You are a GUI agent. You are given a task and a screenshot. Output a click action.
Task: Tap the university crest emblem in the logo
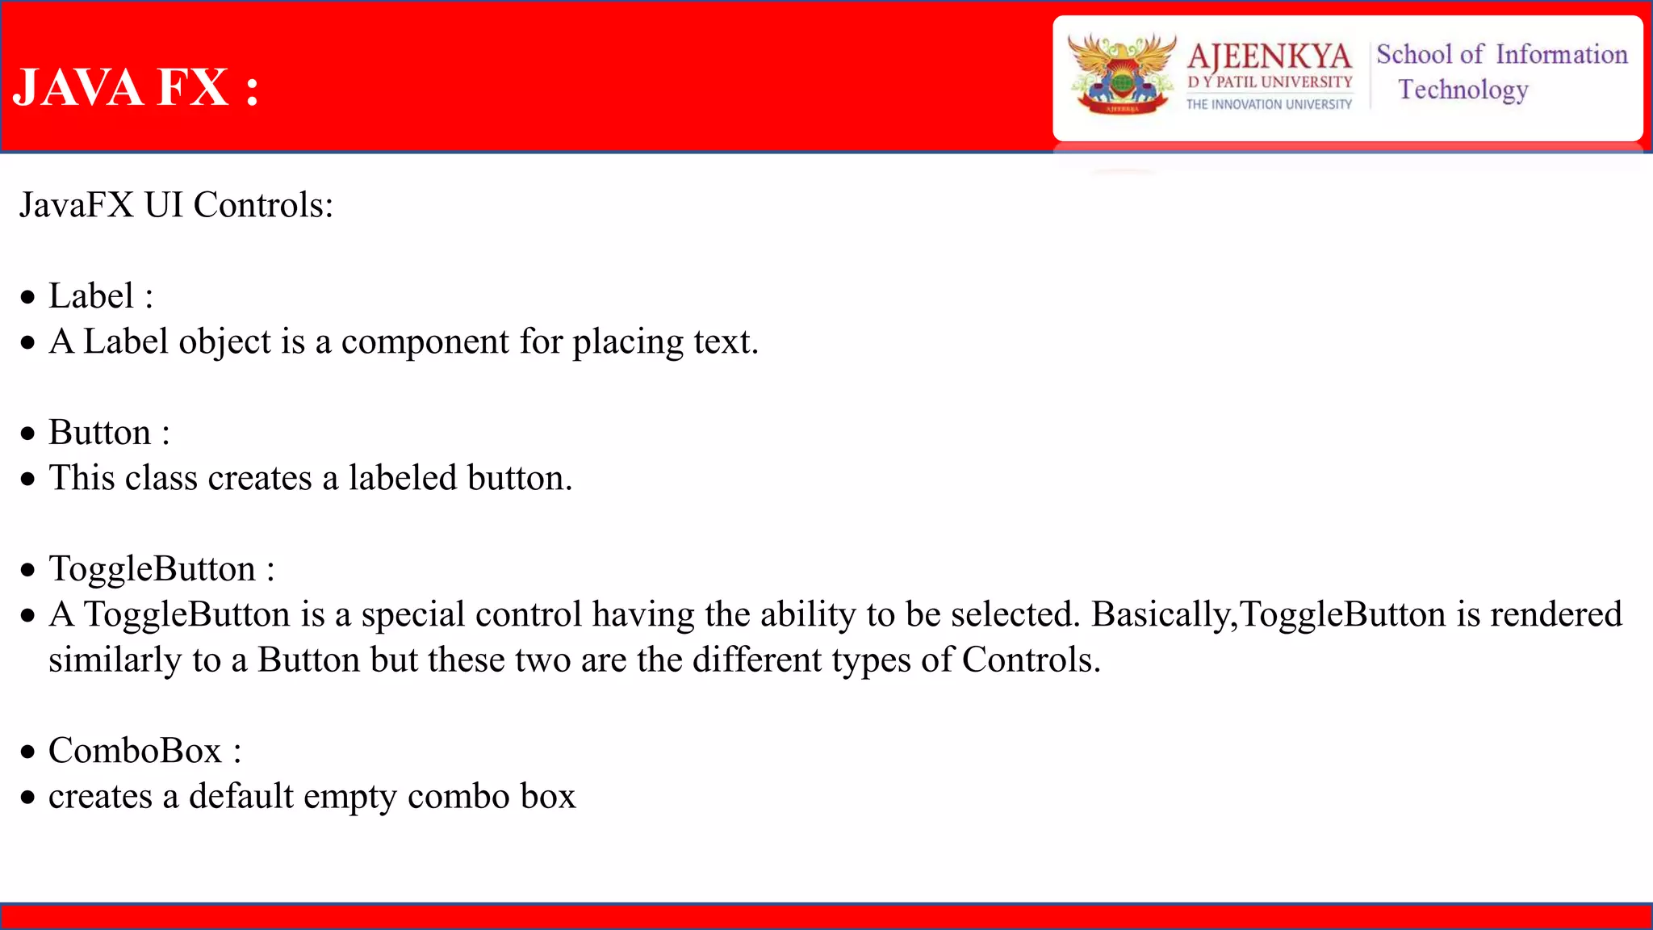coord(1122,74)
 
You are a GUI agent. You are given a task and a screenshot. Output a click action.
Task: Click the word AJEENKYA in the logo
coord(1269,57)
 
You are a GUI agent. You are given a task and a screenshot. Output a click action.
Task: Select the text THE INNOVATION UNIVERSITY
coord(1269,104)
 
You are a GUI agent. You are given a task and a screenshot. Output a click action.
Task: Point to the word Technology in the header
coord(1463,90)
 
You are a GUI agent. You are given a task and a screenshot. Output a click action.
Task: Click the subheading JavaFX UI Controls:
coord(176,205)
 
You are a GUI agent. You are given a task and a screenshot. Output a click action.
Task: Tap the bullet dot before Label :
coord(28,297)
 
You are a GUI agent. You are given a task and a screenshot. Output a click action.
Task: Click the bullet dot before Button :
coord(28,434)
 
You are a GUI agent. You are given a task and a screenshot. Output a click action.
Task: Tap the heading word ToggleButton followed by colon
coord(153,569)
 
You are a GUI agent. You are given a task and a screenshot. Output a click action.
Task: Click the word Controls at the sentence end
coord(1030,660)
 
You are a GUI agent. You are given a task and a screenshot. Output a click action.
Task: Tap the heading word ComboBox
coord(135,751)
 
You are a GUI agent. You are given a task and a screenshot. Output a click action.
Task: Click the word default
coord(241,797)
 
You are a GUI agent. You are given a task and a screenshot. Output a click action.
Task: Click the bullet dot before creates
coord(28,798)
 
